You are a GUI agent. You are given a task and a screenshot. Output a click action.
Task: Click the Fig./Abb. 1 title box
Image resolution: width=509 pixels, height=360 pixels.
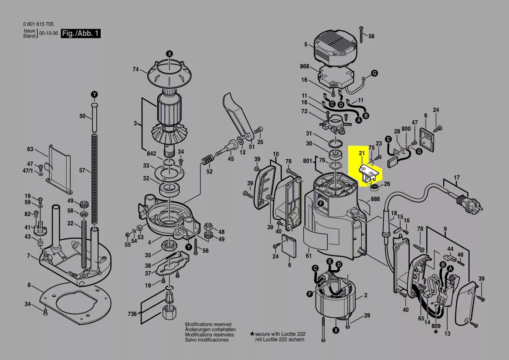(x=81, y=34)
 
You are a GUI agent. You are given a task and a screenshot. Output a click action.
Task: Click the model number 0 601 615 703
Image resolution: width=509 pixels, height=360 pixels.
(x=38, y=24)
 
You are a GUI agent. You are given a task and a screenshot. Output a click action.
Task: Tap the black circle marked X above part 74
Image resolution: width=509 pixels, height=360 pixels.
(x=170, y=54)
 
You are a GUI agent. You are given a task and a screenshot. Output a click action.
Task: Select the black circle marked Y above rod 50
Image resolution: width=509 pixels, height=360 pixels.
(x=94, y=95)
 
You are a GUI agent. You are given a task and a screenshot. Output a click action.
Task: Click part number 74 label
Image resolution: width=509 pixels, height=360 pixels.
(x=136, y=69)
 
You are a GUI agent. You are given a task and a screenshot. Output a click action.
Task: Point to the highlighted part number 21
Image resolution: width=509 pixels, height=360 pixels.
(x=361, y=153)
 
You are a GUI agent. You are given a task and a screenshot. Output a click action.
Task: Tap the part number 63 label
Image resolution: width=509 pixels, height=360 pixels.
(x=30, y=149)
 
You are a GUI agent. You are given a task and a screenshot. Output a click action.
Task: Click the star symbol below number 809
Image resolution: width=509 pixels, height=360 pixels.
(x=436, y=332)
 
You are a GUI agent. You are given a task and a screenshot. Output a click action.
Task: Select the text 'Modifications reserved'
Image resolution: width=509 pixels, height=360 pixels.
(x=208, y=325)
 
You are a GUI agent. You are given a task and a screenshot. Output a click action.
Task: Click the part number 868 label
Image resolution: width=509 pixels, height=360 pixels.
(x=304, y=67)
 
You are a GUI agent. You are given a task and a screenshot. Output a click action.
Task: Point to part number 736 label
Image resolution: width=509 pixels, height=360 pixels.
(x=132, y=314)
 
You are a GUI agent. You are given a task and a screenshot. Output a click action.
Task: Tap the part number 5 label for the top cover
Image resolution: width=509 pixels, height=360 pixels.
(x=306, y=44)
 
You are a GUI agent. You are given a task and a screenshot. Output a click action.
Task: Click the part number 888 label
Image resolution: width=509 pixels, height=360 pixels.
(x=375, y=199)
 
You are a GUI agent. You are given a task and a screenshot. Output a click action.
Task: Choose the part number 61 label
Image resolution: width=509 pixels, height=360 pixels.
(x=309, y=256)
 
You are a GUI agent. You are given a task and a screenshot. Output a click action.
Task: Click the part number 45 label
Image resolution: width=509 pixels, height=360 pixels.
(x=231, y=159)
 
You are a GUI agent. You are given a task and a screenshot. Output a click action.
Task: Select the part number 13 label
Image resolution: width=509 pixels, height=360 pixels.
(x=448, y=334)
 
